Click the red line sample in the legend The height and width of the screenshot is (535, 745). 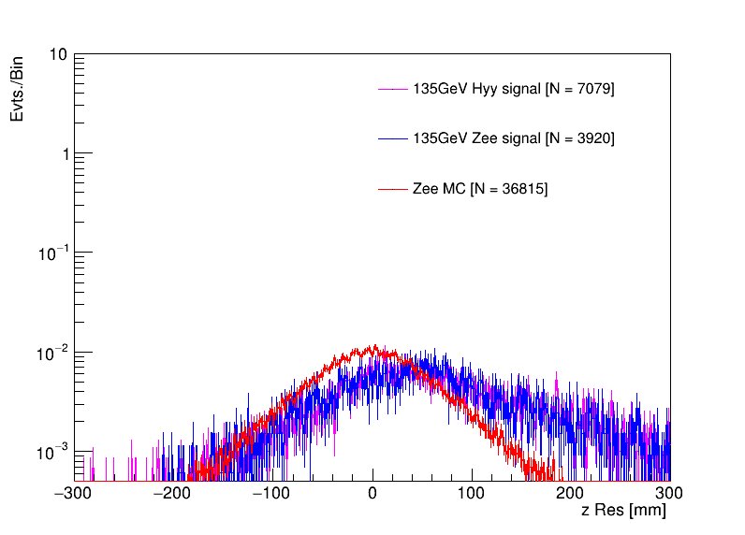(393, 189)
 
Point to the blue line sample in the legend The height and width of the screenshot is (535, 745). (393, 138)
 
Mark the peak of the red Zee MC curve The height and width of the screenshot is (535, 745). (373, 346)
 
